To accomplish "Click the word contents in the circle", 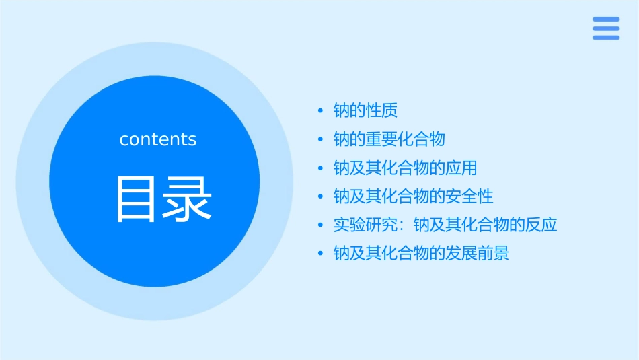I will [x=158, y=139].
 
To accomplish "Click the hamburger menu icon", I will [x=606, y=28].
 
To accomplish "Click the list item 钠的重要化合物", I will [x=389, y=139].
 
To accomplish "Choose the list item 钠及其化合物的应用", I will [x=405, y=168].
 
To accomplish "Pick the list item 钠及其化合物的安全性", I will [x=413, y=196].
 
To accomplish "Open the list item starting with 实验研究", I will [x=445, y=225].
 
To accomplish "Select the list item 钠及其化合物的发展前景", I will [x=421, y=254].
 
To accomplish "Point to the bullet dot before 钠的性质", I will [x=321, y=111].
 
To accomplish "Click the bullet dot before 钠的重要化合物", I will [x=321, y=140].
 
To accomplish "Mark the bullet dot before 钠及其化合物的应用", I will [x=321, y=168].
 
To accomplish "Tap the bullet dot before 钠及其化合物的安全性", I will [x=321, y=197].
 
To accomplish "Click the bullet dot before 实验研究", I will [x=321, y=225].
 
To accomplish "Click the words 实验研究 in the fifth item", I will [x=365, y=225].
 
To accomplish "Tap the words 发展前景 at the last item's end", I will [x=477, y=254].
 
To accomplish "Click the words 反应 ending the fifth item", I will [x=541, y=225].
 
